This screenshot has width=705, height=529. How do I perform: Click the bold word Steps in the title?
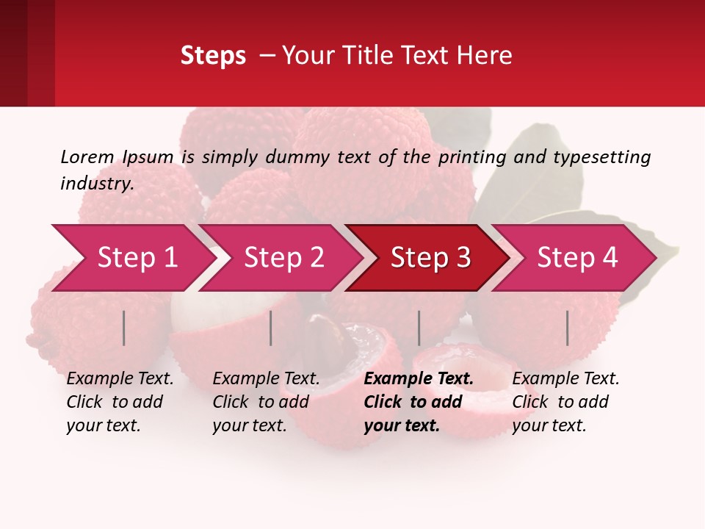click(213, 55)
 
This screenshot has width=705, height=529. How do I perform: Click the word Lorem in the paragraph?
click(87, 156)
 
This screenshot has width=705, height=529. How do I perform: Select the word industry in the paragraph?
click(96, 183)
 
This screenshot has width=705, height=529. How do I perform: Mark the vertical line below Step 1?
click(124, 328)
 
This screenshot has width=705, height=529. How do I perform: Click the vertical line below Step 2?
click(271, 328)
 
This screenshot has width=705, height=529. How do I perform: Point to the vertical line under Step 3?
click(419, 328)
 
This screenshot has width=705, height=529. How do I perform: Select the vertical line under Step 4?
click(567, 328)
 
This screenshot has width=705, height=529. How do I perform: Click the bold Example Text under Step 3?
click(419, 379)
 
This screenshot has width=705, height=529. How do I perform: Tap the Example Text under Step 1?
click(120, 379)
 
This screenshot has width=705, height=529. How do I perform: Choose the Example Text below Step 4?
click(565, 379)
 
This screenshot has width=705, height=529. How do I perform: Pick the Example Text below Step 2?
click(266, 379)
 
